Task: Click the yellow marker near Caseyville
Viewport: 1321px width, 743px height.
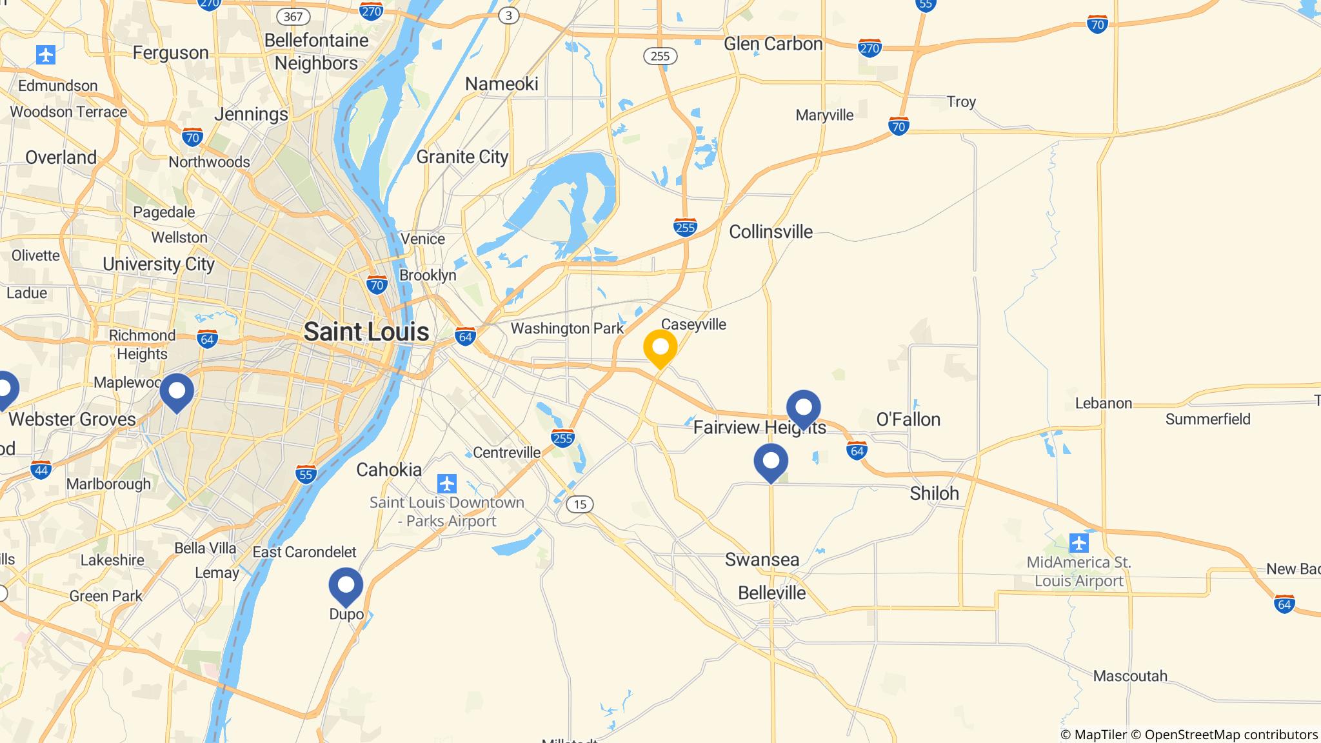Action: (660, 348)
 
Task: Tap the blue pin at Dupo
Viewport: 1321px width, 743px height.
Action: (346, 586)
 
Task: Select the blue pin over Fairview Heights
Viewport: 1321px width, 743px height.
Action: (803, 408)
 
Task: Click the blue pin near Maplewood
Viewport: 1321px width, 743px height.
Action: (177, 391)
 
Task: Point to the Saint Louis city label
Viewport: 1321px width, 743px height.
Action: (366, 332)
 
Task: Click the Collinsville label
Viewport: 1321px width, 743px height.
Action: (771, 232)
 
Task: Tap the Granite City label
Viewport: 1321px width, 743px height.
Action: (462, 157)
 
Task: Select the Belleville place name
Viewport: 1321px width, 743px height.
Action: (771, 593)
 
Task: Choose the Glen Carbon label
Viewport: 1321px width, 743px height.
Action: (773, 44)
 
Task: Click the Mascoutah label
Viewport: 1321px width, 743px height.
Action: (1130, 676)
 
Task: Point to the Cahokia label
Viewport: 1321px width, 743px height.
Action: (389, 470)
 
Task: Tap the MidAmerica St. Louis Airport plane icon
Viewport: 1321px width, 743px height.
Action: (1078, 543)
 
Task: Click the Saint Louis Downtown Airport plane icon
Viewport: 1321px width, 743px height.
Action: (446, 483)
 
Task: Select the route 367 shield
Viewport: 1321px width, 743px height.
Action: (292, 16)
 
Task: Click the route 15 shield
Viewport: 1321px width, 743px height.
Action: (580, 504)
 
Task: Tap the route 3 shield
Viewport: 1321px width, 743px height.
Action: (509, 16)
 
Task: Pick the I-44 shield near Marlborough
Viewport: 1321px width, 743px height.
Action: (41, 470)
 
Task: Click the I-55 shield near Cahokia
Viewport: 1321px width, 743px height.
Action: (306, 475)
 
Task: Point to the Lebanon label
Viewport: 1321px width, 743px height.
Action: (1104, 403)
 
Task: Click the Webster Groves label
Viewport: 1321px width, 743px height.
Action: (72, 419)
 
